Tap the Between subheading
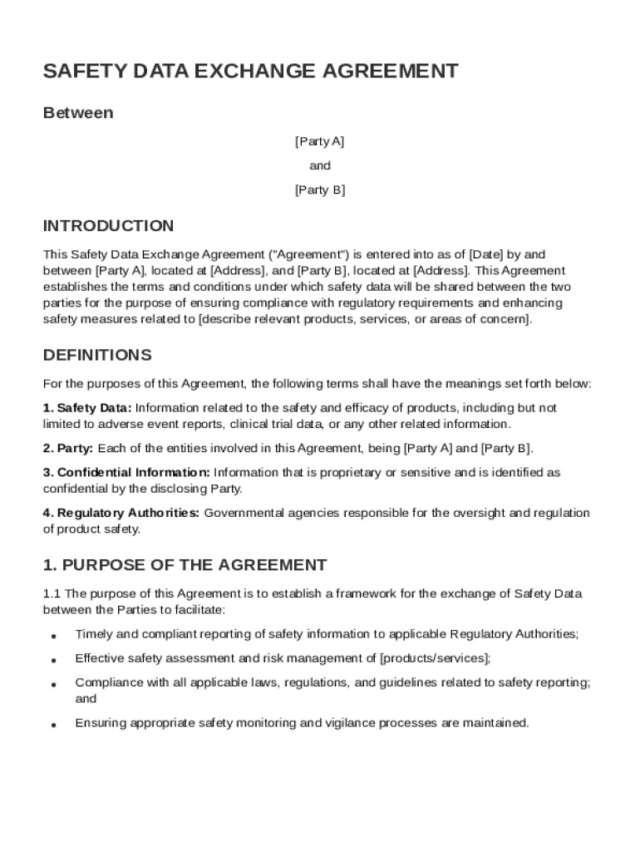(x=78, y=112)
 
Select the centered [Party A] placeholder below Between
(x=320, y=141)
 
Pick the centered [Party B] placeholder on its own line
(x=320, y=190)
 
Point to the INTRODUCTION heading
(x=108, y=226)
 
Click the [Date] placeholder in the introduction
(x=485, y=254)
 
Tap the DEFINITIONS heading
(x=97, y=356)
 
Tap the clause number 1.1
(x=52, y=594)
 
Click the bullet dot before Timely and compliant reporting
(x=53, y=636)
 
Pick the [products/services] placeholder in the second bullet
(x=434, y=659)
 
